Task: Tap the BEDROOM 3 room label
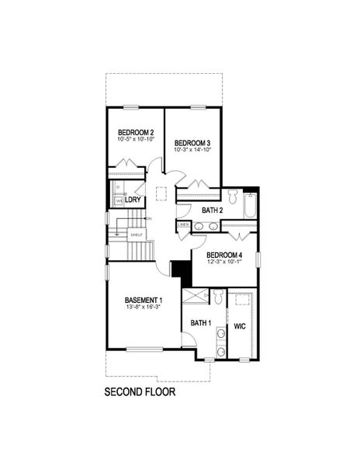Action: click(192, 143)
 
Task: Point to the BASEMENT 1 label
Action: click(144, 300)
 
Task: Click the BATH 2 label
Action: click(213, 210)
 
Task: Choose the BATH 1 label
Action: click(201, 322)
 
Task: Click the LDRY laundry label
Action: click(133, 200)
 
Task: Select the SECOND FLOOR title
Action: click(140, 392)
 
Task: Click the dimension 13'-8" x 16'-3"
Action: click(144, 308)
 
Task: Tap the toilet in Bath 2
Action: click(234, 194)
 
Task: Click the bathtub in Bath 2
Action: click(250, 206)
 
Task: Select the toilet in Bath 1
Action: click(219, 297)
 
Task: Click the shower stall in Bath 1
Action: click(196, 295)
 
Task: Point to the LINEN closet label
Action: click(183, 225)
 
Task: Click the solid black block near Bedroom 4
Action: click(181, 268)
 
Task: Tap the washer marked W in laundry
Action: click(119, 201)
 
